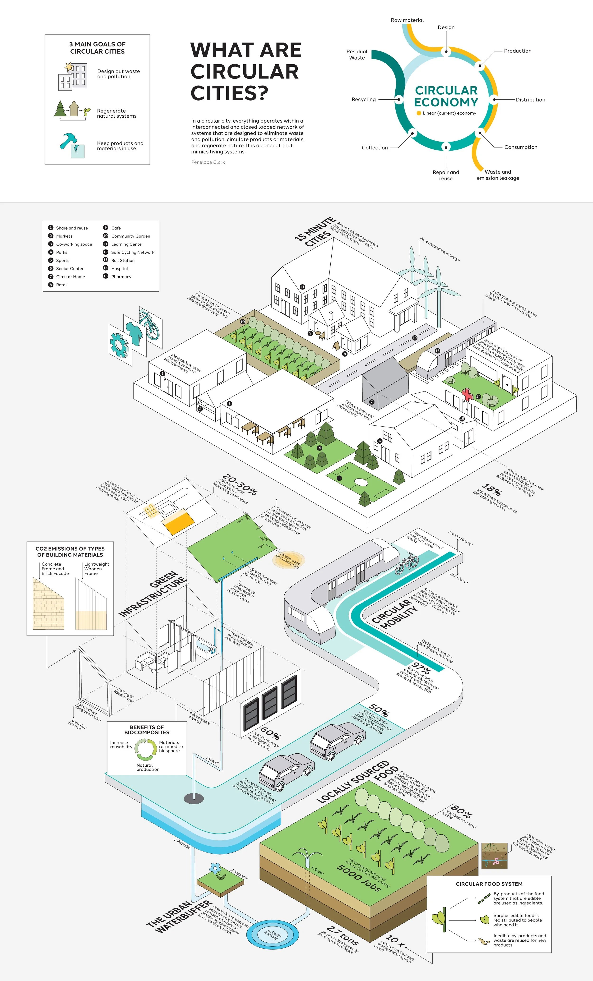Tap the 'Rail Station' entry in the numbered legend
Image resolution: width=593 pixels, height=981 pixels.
[x=123, y=260]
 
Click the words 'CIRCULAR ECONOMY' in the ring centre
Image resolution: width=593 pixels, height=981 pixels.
[x=446, y=96]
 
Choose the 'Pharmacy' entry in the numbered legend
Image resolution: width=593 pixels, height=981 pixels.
[x=121, y=277]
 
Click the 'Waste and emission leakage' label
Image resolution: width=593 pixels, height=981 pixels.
[x=498, y=175]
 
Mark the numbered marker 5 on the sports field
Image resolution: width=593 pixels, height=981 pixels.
[x=339, y=478]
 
